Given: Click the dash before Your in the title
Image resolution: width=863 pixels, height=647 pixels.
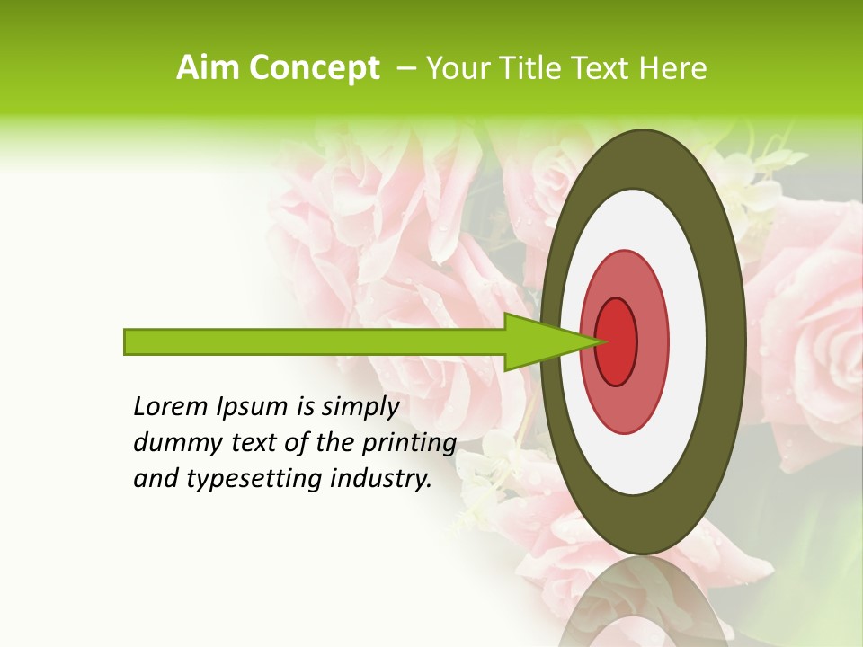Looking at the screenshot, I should click(x=406, y=68).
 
